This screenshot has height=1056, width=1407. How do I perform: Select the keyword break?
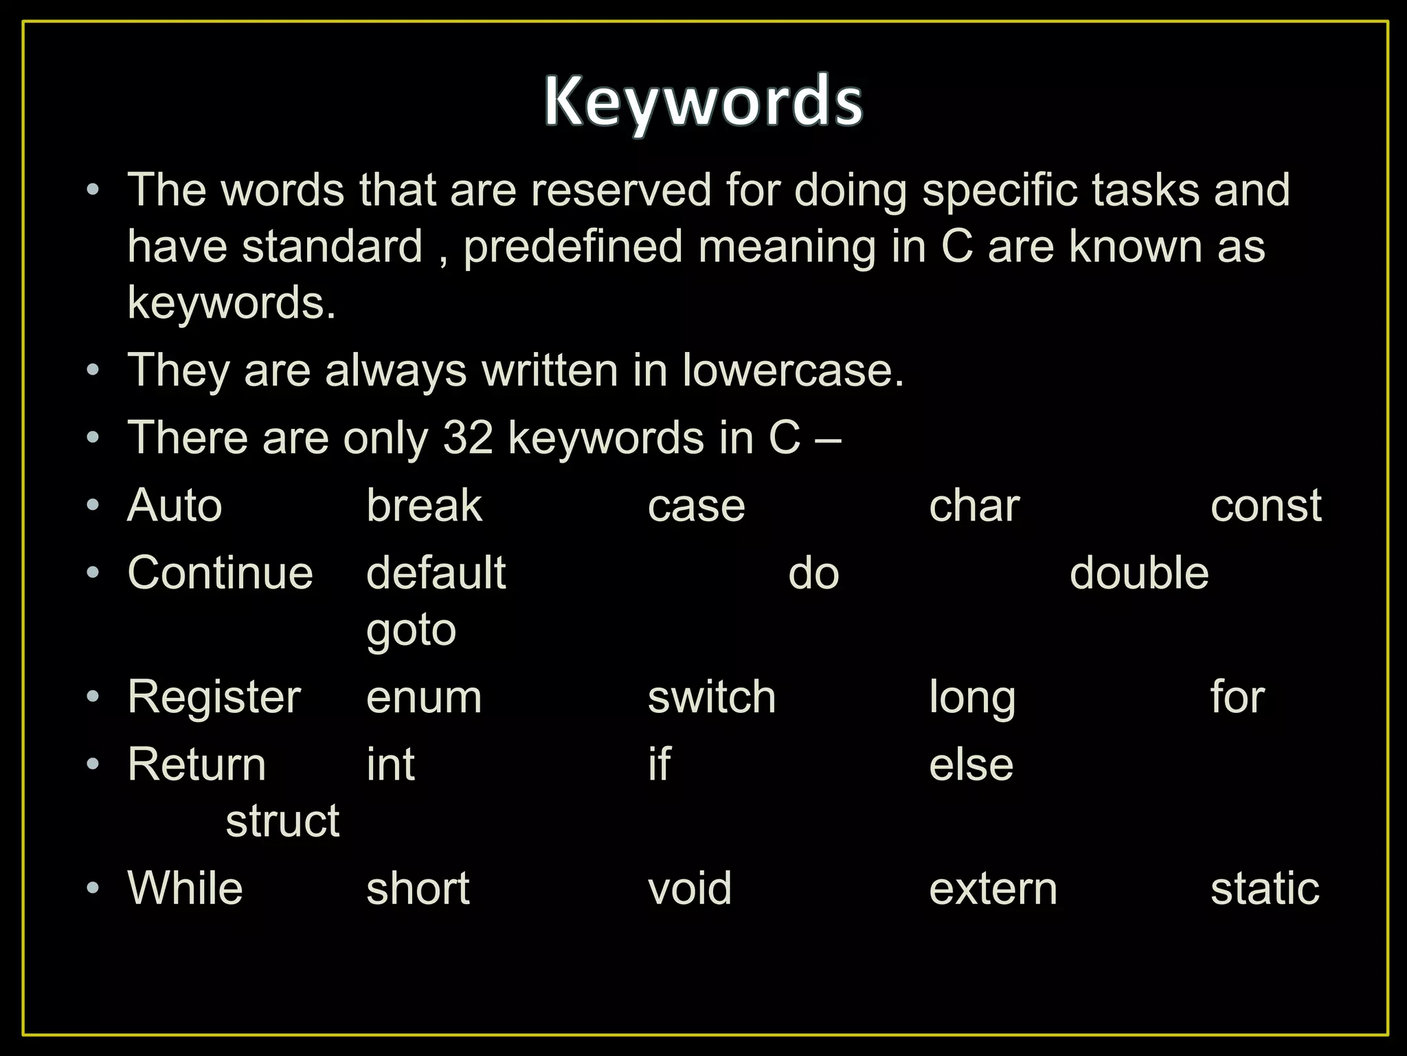point(424,506)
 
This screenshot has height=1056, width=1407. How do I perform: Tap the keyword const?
point(1265,506)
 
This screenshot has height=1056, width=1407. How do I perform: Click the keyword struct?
point(282,821)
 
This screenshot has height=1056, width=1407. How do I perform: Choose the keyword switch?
point(712,697)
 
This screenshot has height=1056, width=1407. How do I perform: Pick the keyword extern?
point(993,888)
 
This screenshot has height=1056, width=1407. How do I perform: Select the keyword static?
point(1265,888)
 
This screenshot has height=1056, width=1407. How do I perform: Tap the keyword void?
point(690,888)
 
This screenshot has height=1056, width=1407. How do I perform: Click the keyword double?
point(1139,573)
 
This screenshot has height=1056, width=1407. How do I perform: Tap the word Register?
point(214,697)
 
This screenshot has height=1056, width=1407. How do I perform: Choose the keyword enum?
point(424,697)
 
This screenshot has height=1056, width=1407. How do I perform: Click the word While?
point(185,888)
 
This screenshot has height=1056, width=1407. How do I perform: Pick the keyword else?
point(971,764)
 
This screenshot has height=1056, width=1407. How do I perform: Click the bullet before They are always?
point(93,371)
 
